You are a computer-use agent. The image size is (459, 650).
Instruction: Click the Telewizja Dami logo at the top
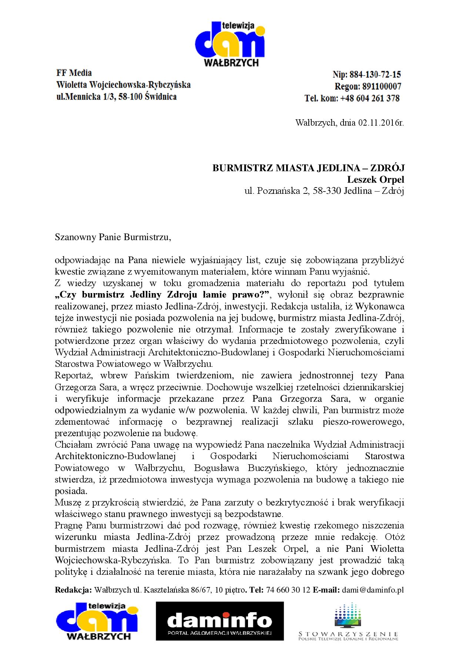229,44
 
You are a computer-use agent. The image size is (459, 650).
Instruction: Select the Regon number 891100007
383,86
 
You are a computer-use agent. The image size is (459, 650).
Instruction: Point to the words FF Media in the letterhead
74,73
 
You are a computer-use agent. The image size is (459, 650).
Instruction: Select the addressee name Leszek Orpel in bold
375,180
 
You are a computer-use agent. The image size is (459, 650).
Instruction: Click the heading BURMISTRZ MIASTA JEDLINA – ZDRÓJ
308,168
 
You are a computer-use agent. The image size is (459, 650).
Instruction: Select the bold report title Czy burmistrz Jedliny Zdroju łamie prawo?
163,295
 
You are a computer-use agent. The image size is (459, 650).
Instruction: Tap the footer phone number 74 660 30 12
288,590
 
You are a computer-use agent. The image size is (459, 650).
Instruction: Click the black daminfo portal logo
220,621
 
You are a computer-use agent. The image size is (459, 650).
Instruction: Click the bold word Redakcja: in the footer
73,590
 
